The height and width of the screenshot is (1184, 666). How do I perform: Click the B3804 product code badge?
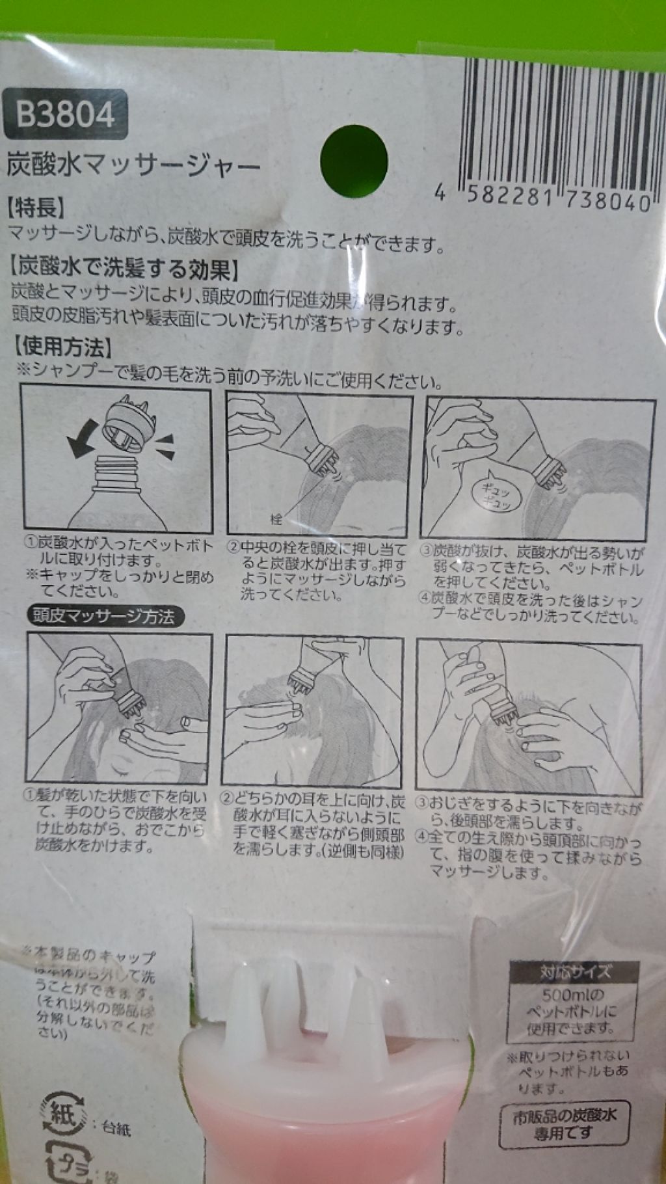point(64,114)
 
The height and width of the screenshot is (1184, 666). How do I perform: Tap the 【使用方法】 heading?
point(62,347)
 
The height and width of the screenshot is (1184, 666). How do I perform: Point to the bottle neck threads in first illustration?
point(117,467)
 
